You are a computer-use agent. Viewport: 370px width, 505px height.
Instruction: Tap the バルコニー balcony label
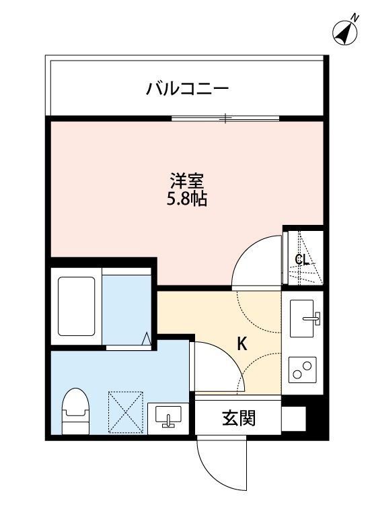tap(188, 88)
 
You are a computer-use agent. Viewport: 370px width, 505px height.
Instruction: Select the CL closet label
tap(303, 260)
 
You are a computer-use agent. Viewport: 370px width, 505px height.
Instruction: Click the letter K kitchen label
tap(241, 345)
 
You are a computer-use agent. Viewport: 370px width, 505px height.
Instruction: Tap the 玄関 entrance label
tap(238, 418)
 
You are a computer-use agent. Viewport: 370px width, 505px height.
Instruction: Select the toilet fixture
tap(75, 411)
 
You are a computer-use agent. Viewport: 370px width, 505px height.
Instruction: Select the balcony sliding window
tap(225, 119)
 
